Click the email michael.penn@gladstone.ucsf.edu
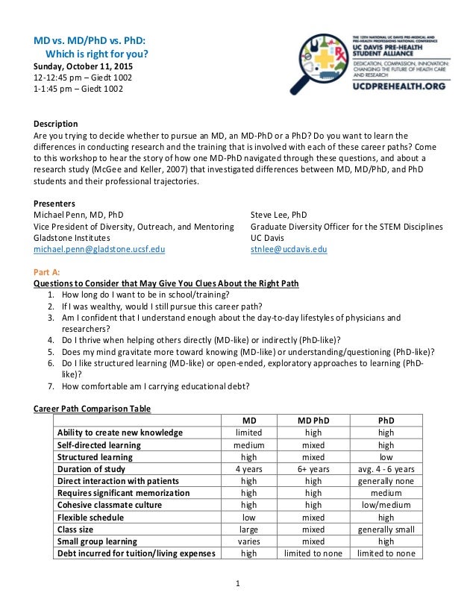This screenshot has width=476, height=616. tap(100, 249)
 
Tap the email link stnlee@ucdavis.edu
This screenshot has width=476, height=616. tap(289, 249)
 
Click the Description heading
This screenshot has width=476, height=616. tap(56, 123)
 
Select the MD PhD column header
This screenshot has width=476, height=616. tap(313, 420)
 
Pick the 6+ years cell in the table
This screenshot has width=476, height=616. tap(313, 469)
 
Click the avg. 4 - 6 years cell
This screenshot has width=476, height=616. tap(386, 469)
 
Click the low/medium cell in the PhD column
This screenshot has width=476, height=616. tap(386, 505)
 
